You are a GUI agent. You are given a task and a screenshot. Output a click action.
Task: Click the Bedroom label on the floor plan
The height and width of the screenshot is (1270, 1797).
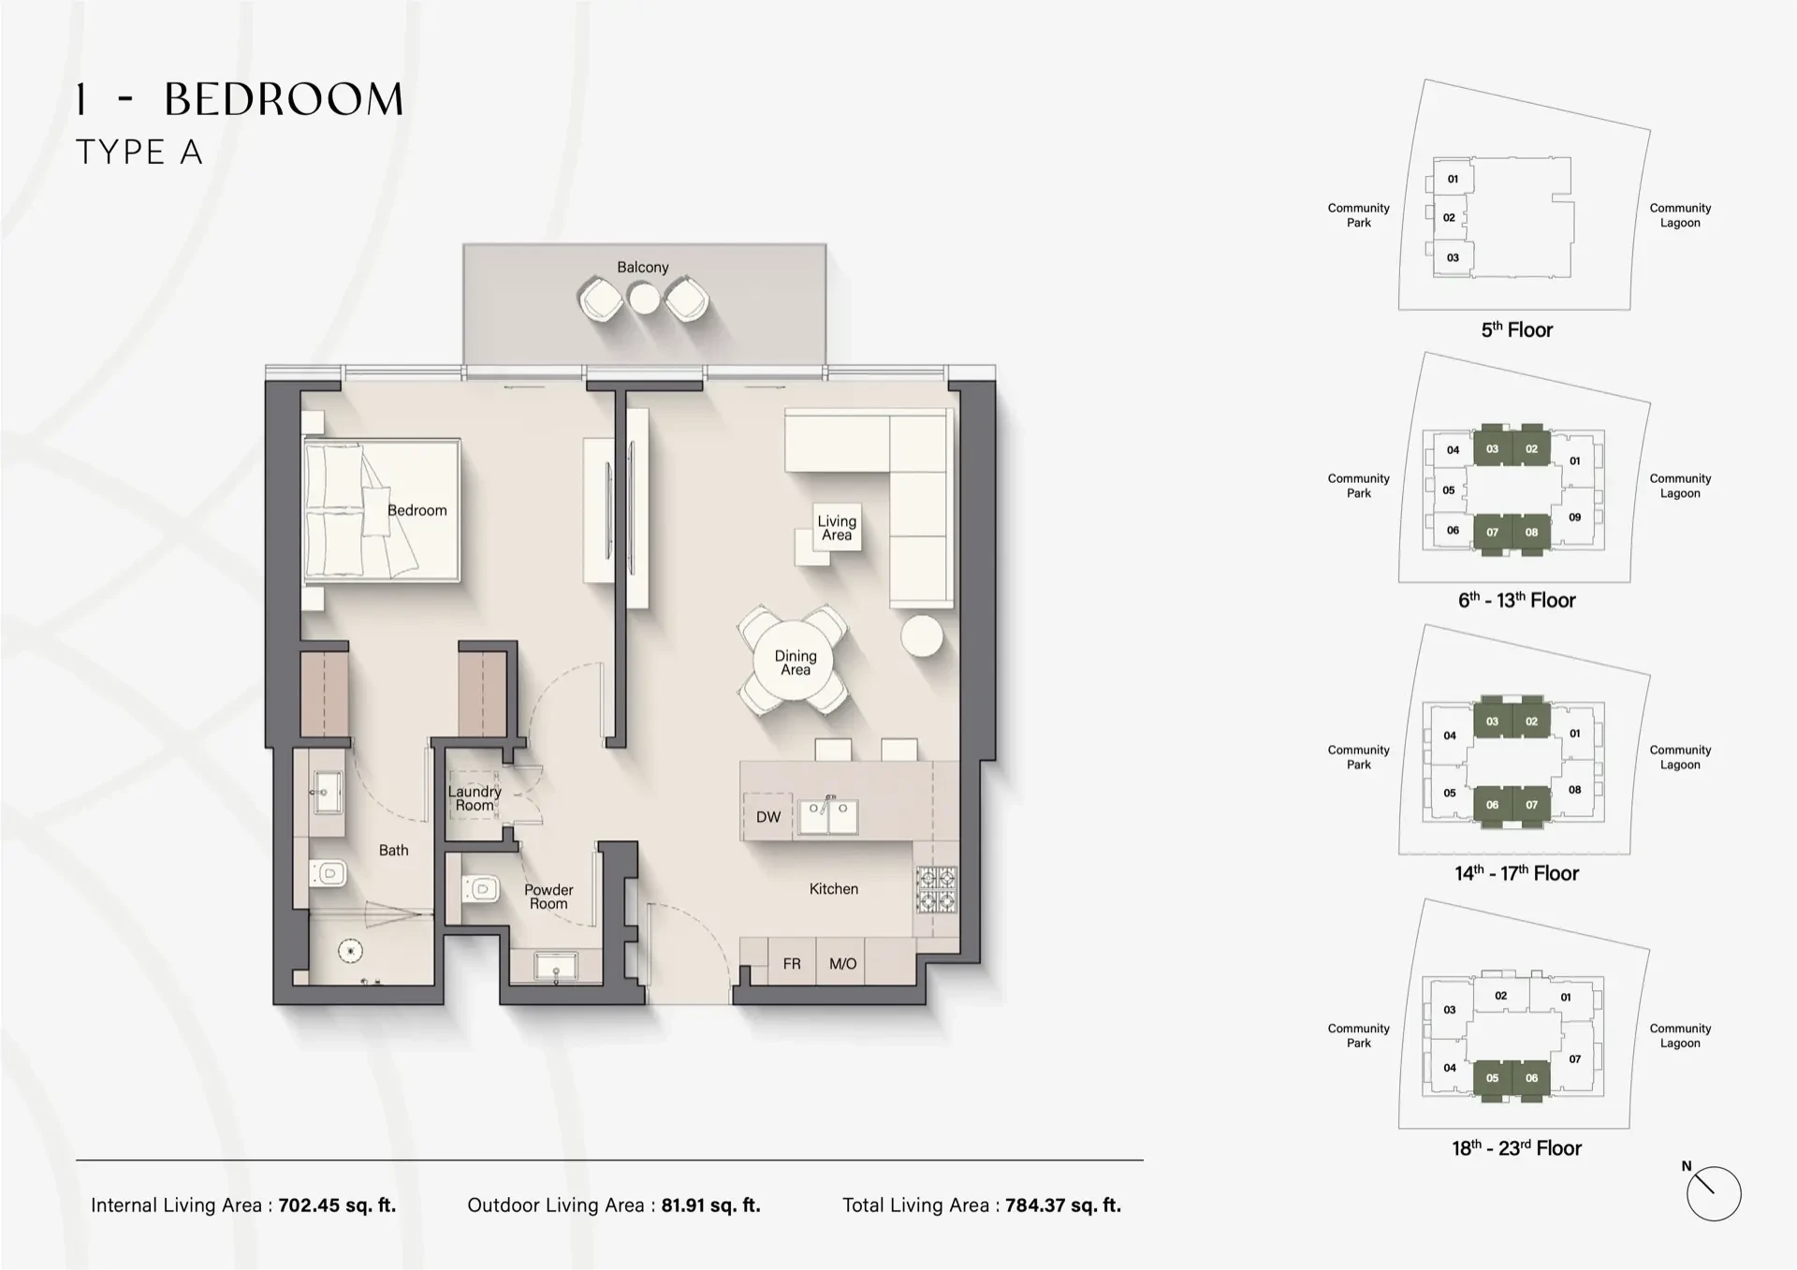pos(416,510)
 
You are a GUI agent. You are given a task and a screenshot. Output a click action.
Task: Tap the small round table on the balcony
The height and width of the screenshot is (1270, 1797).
pos(643,299)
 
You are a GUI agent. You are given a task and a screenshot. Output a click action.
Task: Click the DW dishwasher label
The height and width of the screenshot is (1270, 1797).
pos(768,817)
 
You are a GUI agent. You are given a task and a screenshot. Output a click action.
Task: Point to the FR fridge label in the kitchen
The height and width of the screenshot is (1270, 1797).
pos(792,964)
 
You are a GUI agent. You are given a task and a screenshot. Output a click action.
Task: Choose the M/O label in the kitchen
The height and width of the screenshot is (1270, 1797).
pos(842,964)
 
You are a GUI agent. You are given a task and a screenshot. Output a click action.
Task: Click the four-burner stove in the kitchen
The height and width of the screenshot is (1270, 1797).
pos(936,890)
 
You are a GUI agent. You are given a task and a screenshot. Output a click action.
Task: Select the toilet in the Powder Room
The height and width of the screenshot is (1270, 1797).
pos(481,886)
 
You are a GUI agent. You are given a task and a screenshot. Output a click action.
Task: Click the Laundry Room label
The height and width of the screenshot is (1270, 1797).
pos(475,798)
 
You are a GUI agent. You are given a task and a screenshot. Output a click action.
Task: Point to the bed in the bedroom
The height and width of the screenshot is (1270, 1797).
pos(382,511)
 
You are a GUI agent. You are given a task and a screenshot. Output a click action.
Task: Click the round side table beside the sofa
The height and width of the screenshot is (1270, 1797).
pos(922,635)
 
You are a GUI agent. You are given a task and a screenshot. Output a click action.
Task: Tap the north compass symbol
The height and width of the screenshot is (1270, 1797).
pos(1713,1194)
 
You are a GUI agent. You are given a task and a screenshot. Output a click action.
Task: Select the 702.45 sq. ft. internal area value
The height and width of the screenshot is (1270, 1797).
pos(337,1205)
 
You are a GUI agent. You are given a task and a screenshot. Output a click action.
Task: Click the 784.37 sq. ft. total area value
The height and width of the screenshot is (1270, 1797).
pos(1063,1205)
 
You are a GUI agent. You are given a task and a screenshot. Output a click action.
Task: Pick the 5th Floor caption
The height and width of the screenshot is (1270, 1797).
pos(1516,330)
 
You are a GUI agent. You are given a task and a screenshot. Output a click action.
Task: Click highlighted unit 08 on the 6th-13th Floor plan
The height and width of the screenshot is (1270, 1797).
pos(1531,533)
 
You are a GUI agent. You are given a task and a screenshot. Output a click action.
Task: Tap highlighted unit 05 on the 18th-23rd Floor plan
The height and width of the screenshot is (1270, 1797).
pos(1492,1078)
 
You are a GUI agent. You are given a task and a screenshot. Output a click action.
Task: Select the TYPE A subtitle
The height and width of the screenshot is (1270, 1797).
pos(139,153)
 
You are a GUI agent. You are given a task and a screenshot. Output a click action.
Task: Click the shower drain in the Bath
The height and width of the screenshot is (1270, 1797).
pos(351,951)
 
